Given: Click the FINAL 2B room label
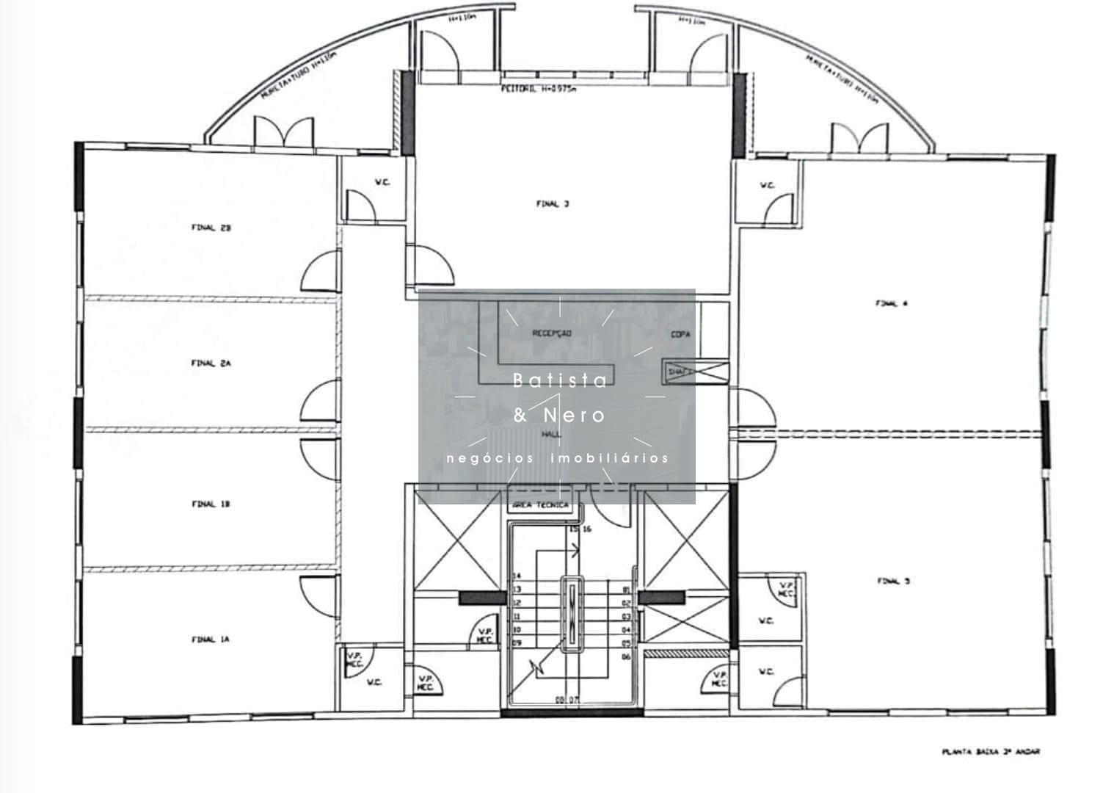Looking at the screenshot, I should (211, 228).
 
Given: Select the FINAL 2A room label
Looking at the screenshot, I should (211, 363).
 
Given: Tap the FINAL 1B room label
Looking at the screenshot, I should (211, 504).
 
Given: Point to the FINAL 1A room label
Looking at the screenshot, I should (211, 640).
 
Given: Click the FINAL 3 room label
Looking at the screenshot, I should (552, 204).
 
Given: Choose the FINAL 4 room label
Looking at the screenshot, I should (892, 303).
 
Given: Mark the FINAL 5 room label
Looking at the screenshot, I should (893, 581).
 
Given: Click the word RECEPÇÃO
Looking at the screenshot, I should (552, 333).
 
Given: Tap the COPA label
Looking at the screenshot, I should (680, 335).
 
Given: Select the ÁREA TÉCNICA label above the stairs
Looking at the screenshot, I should (540, 505).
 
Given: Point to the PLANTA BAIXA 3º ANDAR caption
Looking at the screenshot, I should (991, 752).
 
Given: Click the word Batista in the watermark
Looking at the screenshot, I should (560, 380).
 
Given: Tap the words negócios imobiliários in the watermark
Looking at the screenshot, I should (558, 458).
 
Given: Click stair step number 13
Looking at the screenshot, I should (517, 590).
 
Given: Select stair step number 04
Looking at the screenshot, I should (626, 630).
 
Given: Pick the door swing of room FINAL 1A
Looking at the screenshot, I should (321, 595).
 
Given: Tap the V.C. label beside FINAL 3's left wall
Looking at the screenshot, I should (382, 182).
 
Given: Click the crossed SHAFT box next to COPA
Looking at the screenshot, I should (694, 372).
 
